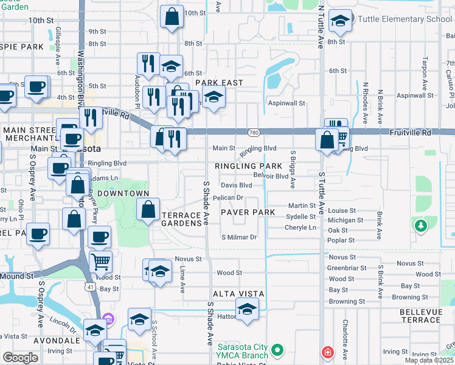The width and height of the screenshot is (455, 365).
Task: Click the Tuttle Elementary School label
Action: [x=405, y=19]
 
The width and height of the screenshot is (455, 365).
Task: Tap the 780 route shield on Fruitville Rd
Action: [x=254, y=133]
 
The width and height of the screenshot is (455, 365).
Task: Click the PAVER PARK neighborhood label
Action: [x=248, y=212]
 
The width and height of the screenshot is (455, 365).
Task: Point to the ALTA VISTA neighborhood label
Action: [x=238, y=294]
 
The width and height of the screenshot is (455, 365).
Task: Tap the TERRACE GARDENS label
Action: [x=181, y=220]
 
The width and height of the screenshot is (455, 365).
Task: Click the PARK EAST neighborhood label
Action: [x=219, y=82]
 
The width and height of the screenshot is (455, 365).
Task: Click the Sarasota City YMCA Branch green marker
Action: [x=278, y=350]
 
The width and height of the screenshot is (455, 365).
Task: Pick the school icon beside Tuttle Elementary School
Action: [x=339, y=21]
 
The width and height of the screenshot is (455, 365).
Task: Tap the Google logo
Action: [x=20, y=358]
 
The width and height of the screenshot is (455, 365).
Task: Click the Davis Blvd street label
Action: [x=236, y=185]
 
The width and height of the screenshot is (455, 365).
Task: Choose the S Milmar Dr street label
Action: [x=239, y=237]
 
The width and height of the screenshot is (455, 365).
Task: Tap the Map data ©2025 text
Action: [x=428, y=360]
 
